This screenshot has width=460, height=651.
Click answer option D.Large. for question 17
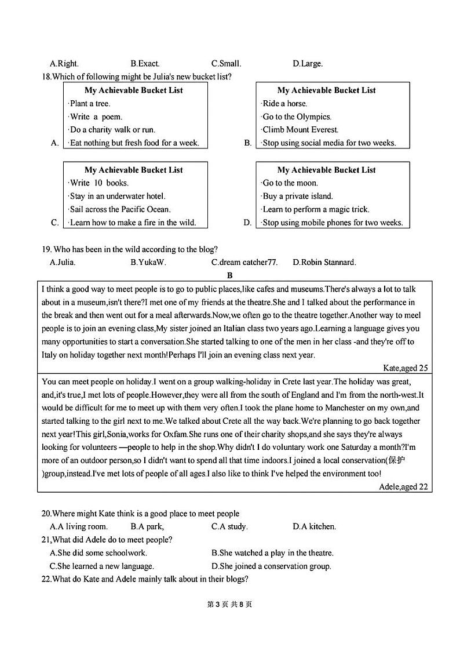[308, 64]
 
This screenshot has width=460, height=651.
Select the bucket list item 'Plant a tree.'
[90, 104]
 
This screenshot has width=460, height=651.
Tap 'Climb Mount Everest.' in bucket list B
[300, 130]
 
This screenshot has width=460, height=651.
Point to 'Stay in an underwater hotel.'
[117, 196]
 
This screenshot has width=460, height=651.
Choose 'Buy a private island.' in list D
[298, 196]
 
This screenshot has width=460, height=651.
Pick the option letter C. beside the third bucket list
[55, 223]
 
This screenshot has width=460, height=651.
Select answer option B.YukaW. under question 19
[148, 263]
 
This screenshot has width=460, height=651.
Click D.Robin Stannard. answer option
[324, 263]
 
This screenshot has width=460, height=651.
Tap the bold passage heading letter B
[230, 275]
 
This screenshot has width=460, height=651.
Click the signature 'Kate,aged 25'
[406, 368]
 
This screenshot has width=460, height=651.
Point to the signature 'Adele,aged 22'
[403, 487]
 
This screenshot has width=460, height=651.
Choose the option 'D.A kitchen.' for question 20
[314, 527]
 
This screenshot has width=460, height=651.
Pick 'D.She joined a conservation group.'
[271, 566]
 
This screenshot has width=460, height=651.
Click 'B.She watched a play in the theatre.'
[272, 553]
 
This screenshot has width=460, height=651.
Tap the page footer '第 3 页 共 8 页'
[229, 605]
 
